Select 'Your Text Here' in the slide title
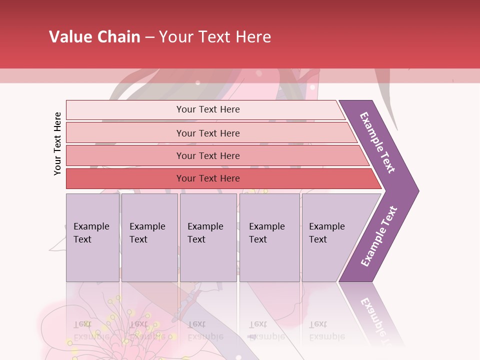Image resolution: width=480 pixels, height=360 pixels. click(x=215, y=37)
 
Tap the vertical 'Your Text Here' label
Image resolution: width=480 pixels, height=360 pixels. click(x=57, y=143)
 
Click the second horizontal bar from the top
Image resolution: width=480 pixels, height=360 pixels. click(x=208, y=133)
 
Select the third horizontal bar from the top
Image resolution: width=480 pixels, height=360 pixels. click(x=208, y=155)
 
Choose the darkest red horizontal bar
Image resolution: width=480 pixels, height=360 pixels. click(x=208, y=178)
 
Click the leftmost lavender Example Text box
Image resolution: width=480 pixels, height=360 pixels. click(x=92, y=237)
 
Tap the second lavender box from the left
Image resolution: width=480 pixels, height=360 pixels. click(x=149, y=237)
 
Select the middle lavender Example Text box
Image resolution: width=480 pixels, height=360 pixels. click(x=208, y=237)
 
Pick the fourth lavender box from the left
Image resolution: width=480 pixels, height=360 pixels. click(x=269, y=237)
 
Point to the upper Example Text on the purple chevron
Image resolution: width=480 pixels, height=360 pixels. click(x=378, y=142)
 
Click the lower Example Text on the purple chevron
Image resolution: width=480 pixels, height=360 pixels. click(x=379, y=236)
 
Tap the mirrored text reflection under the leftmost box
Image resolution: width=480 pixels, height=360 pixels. click(x=91, y=330)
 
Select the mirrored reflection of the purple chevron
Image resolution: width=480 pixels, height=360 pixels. click(x=375, y=315)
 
